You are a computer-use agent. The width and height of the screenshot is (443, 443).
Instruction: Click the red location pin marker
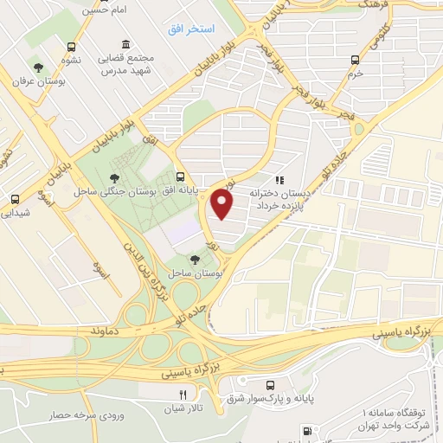223,202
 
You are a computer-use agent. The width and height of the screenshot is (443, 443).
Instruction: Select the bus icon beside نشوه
70,48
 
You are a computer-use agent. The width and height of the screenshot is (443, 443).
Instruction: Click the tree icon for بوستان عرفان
37,66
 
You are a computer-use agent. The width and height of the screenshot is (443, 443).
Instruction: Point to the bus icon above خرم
355,59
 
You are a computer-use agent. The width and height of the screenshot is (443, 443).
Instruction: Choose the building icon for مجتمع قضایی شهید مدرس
126,44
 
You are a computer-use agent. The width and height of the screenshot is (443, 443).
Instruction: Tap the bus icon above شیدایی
15,197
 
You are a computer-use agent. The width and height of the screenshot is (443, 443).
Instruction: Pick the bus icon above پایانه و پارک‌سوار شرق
271,383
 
